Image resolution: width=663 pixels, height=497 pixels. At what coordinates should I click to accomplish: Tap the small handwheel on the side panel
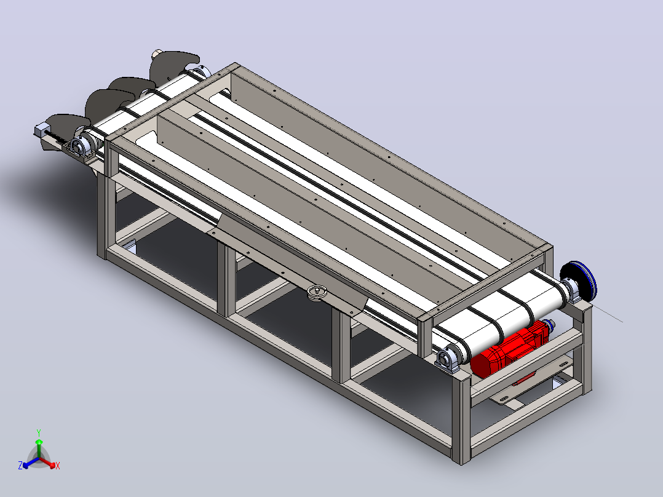tap(317, 293)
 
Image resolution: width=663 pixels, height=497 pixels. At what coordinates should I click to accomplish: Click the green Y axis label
tap(39, 432)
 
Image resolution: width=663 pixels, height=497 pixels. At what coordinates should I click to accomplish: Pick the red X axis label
tap(58, 466)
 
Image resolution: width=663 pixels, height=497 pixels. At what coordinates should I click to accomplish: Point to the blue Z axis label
tap(20, 465)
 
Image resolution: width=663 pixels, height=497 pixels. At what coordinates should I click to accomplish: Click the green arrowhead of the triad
tap(39, 442)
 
